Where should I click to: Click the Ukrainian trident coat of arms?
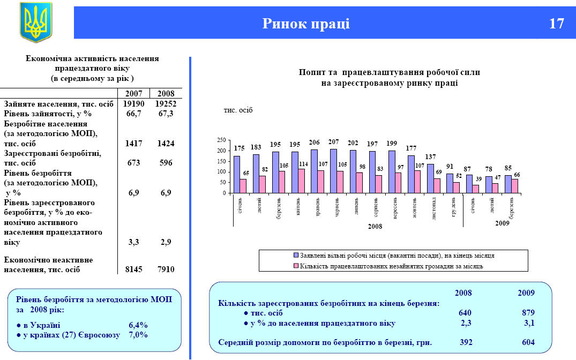36,22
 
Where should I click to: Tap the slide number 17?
556,24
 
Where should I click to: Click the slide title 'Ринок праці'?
306,24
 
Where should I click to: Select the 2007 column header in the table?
133,93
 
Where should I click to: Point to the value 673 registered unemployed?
133,163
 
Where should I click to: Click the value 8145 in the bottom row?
133,269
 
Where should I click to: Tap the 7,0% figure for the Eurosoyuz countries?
138,335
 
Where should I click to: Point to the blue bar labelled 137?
430,178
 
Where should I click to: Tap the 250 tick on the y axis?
221,140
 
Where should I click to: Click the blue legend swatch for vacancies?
296,256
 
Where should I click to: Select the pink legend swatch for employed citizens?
296,266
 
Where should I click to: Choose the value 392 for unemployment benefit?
466,342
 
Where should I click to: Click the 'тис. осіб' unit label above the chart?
238,110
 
